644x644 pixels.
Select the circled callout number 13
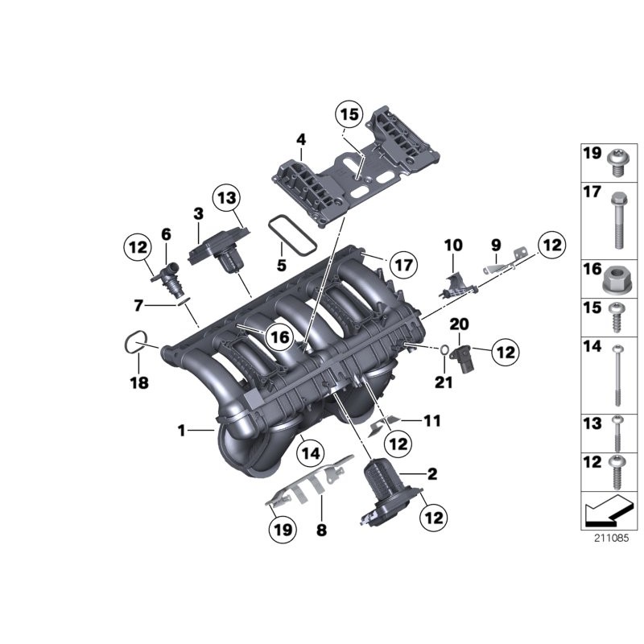pos(226,198)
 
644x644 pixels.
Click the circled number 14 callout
pos(311,453)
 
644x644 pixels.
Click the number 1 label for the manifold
pos(182,431)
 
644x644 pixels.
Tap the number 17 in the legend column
pos(591,193)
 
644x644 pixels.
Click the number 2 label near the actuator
pos(431,474)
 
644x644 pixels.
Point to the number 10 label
pos(452,243)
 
